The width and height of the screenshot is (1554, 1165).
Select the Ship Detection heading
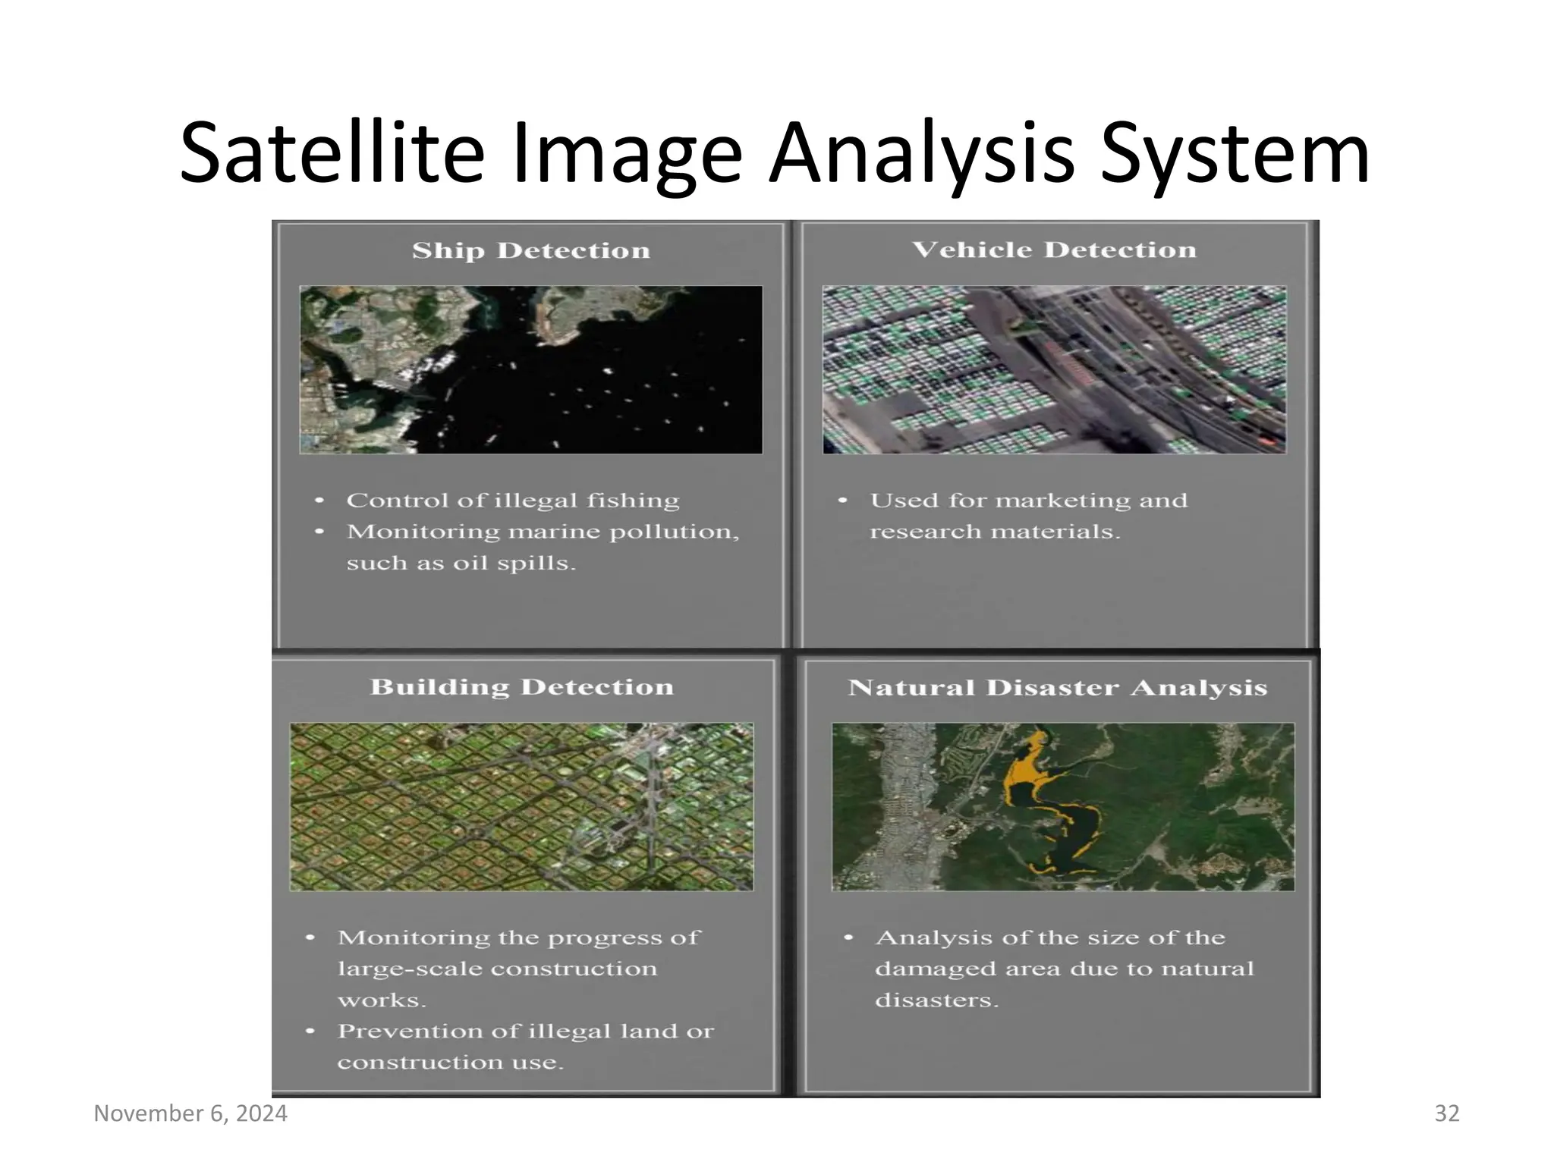click(530, 250)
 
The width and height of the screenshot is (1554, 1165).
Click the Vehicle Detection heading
click(1053, 250)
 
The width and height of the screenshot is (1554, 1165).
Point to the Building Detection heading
click(521, 686)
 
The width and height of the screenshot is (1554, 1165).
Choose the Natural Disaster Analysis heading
click(1057, 687)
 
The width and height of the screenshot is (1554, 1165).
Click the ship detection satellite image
click(530, 369)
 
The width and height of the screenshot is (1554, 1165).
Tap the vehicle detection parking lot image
click(1054, 369)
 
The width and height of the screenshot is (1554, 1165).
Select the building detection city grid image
click(521, 806)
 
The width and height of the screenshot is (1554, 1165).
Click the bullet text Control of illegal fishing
click(512, 501)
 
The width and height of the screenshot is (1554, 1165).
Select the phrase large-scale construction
click(497, 969)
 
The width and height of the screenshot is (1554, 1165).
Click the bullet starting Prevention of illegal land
click(525, 1032)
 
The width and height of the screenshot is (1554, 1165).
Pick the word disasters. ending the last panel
click(936, 1000)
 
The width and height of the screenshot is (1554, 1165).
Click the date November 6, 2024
click(190, 1113)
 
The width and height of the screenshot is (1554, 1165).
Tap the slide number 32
click(1446, 1113)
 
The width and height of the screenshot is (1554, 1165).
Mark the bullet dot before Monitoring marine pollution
click(319, 532)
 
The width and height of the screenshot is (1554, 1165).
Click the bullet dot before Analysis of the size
click(848, 938)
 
